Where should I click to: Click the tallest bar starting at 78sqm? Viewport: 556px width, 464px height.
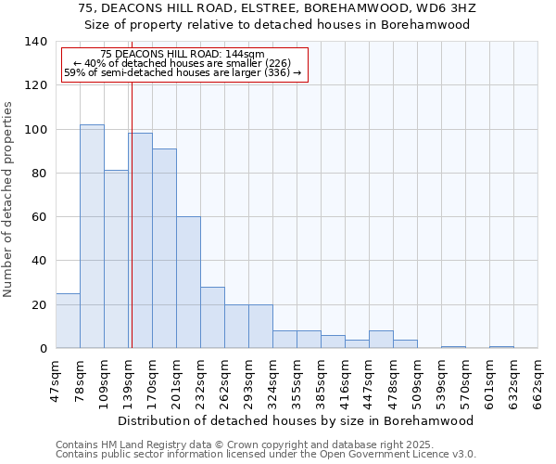[x=92, y=237]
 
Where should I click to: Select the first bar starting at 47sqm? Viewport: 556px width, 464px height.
[x=68, y=321]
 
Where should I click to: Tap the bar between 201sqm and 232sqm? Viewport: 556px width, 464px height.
[x=188, y=282]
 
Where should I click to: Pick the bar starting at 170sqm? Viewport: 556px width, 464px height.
[x=164, y=249]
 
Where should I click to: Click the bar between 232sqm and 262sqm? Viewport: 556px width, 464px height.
[x=212, y=317]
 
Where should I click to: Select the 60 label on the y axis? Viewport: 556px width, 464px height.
[x=39, y=217]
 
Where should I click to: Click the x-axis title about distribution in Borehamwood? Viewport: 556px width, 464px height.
[x=297, y=420]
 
